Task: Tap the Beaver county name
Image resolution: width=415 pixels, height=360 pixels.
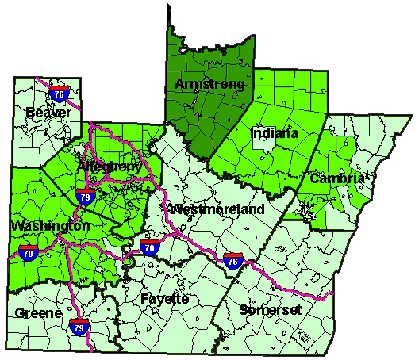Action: pos(48,113)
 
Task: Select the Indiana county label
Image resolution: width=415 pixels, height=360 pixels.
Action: pos(275,133)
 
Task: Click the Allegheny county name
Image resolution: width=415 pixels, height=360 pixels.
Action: pos(110,167)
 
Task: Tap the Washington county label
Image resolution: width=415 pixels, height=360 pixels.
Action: pos(50,227)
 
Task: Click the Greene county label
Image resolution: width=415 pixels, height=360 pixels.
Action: pos(37,313)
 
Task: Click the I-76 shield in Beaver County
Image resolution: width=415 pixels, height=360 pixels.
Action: pos(57,91)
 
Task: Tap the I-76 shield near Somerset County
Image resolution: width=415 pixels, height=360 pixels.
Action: pos(232,261)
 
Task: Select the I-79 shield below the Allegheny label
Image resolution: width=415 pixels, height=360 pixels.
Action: pos(86,195)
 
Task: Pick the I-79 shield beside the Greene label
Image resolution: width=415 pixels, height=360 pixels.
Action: pos(78,325)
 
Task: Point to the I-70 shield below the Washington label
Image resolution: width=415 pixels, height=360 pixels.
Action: pos(28,253)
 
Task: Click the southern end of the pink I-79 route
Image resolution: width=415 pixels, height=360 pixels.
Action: pos(90,350)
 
